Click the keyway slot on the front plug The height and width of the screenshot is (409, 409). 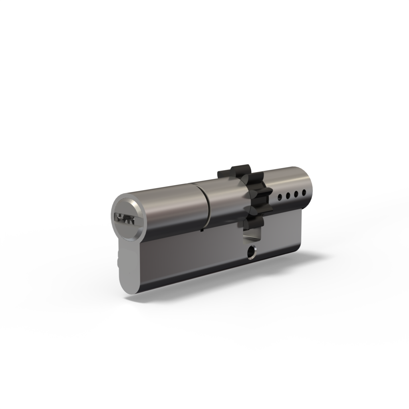coord(124,218)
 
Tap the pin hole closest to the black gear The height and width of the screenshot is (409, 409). coord(279,196)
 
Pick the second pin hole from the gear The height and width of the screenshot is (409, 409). coord(287,195)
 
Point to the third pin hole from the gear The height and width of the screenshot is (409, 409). coord(296,194)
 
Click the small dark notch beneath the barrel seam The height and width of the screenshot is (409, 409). coord(202,230)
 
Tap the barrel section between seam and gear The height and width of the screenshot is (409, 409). coord(224,200)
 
